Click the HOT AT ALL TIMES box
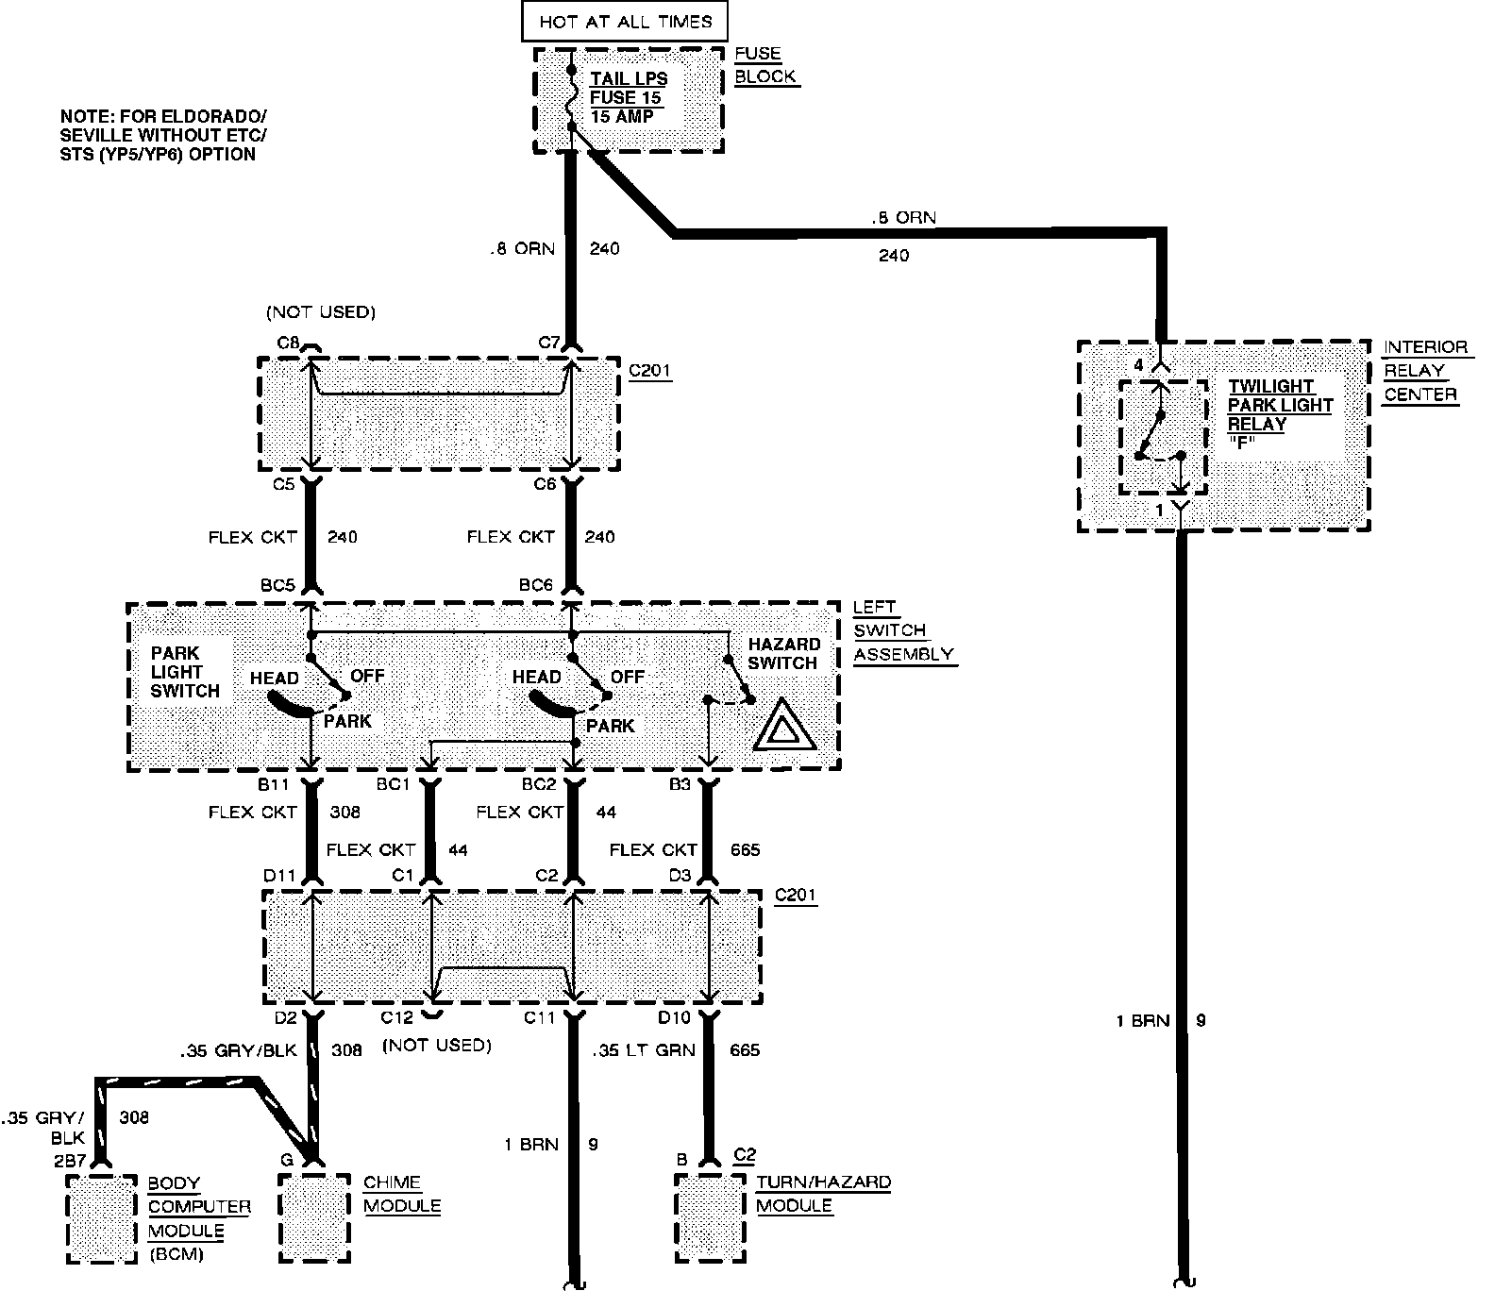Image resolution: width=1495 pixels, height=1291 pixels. [625, 21]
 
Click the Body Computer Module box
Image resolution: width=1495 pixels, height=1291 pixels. [101, 1217]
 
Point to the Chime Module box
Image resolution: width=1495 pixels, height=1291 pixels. [315, 1217]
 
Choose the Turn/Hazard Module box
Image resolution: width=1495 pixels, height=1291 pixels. [710, 1217]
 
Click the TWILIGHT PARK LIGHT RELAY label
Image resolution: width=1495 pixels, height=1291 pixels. [1280, 406]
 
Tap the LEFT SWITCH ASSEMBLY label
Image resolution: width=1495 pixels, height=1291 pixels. [902, 630]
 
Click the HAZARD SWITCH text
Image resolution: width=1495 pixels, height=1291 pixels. [783, 653]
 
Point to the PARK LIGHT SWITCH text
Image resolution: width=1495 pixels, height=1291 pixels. [185, 672]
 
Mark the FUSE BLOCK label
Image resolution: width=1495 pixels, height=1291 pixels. [764, 65]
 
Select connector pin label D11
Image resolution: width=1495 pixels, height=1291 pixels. [280, 876]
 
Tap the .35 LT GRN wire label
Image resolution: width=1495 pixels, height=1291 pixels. [644, 1049]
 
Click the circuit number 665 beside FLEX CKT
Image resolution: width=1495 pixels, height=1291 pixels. [745, 849]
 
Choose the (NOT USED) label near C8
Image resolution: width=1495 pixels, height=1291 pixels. [320, 311]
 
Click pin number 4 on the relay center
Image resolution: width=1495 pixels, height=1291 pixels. [1138, 364]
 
